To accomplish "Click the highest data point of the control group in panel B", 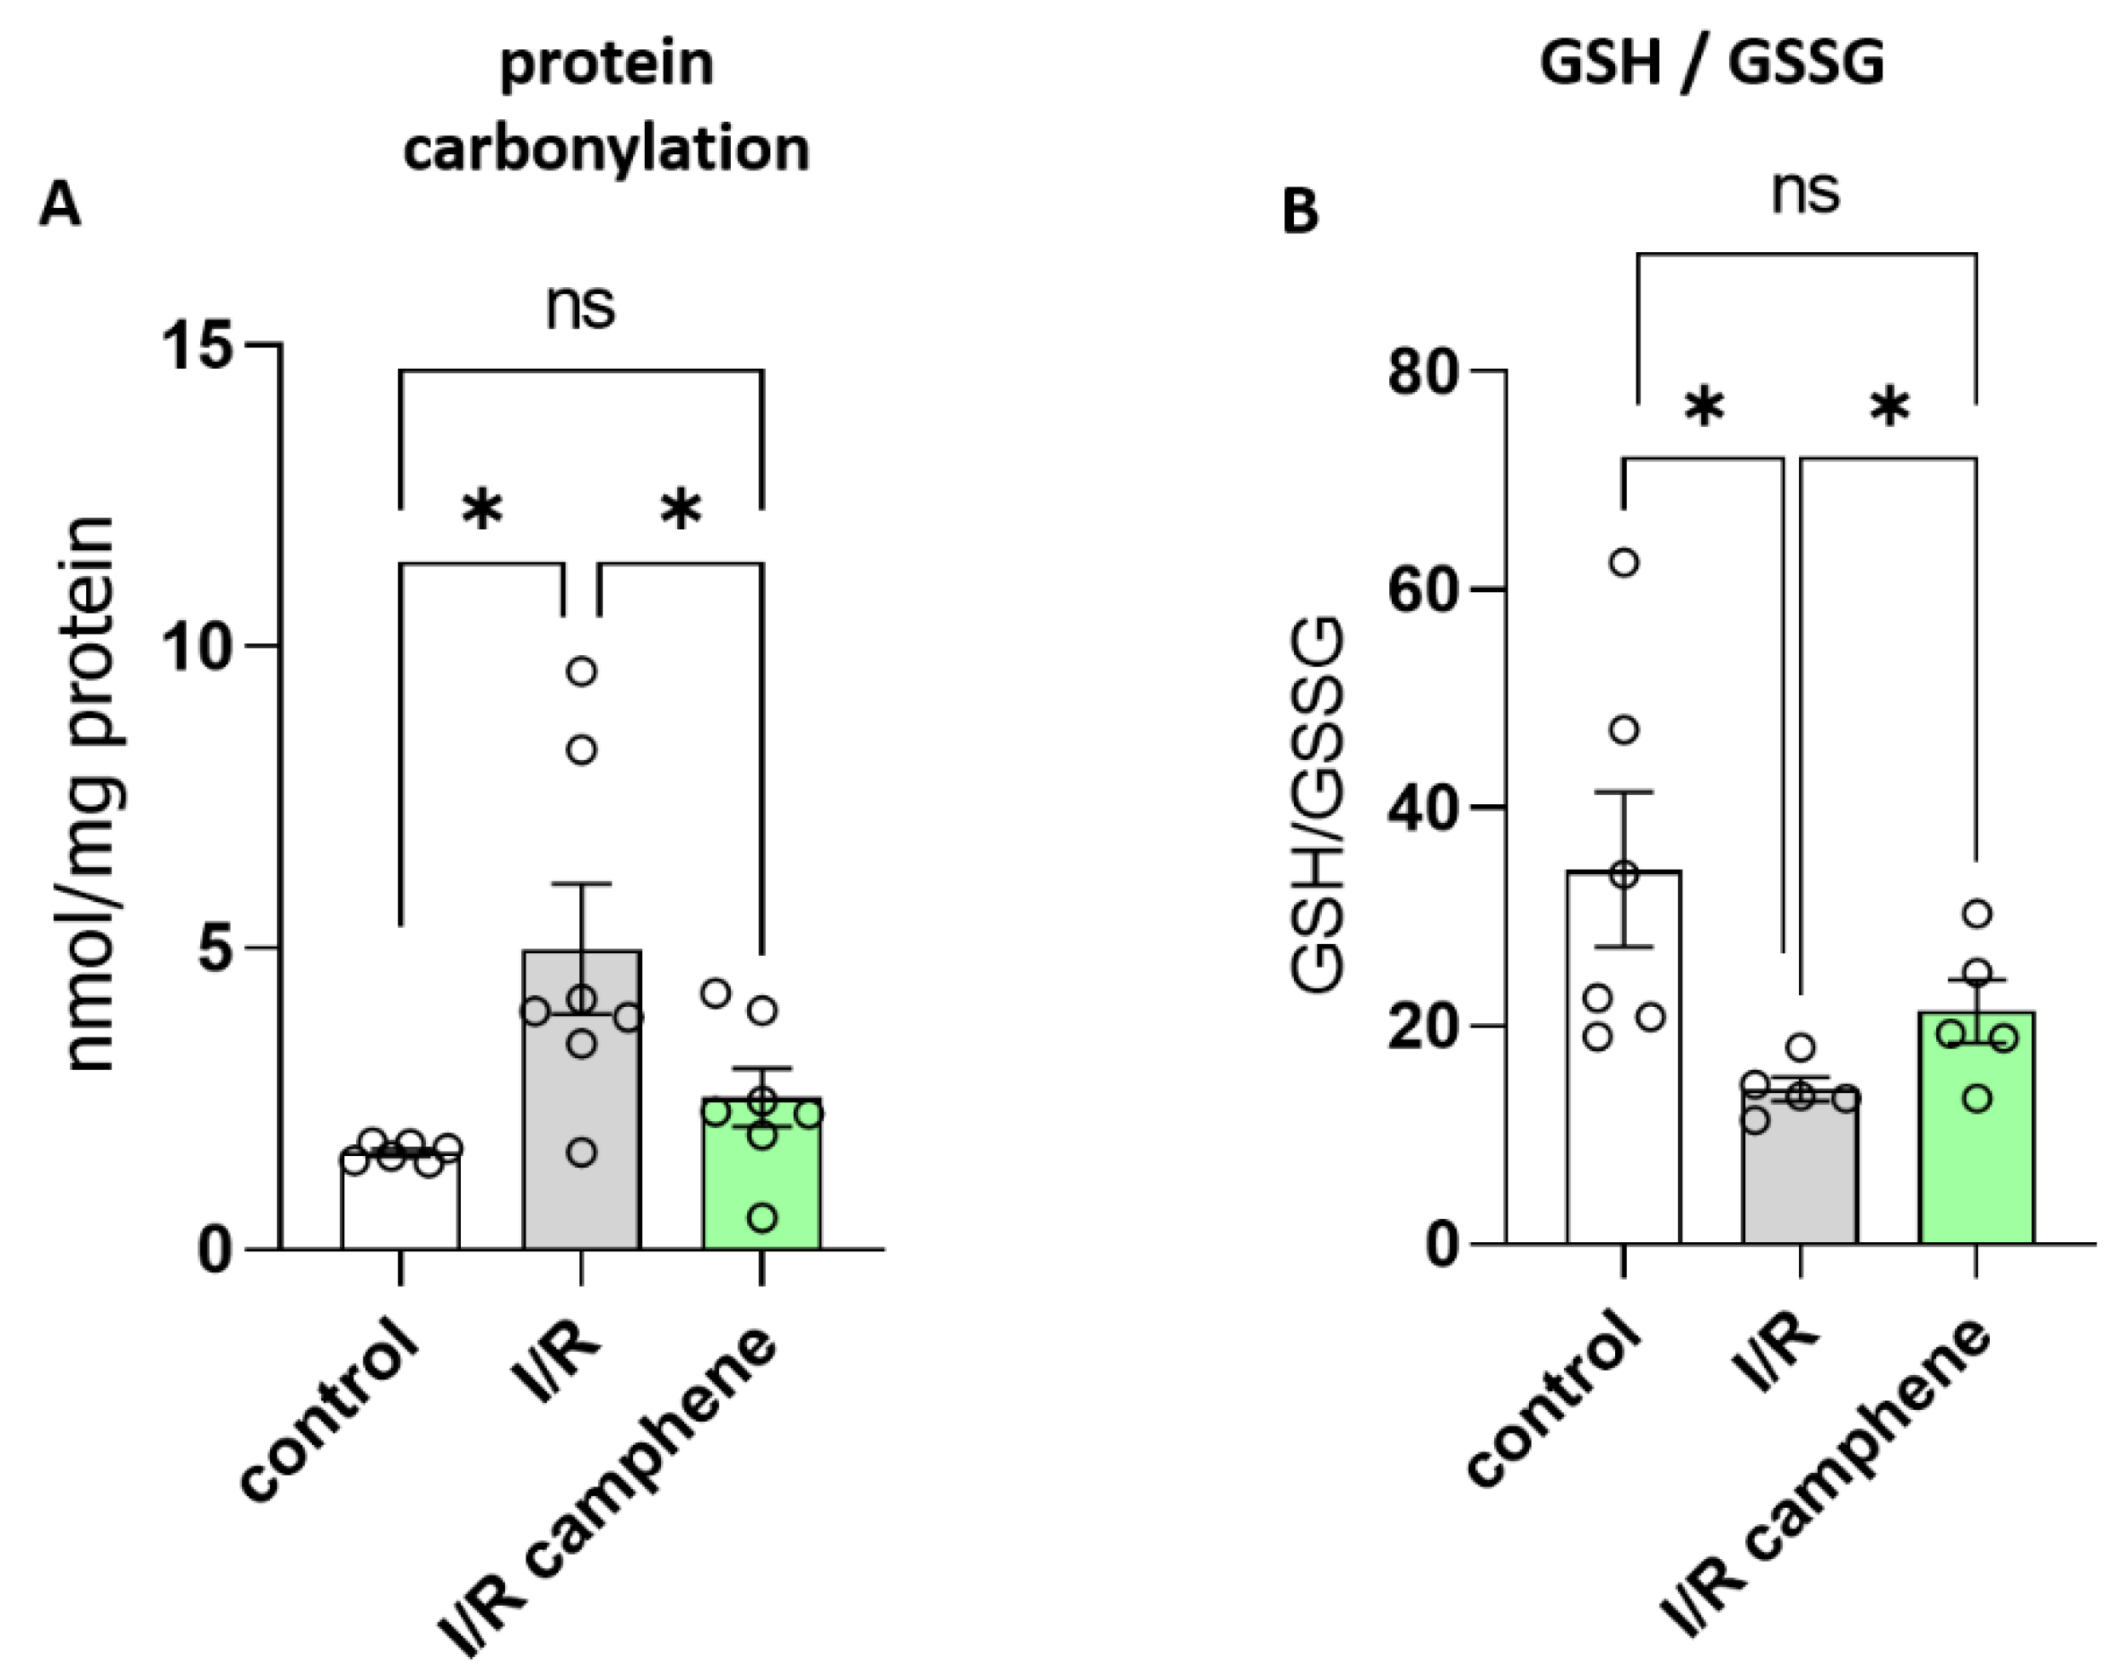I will pos(1624,563).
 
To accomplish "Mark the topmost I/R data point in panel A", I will pos(582,671).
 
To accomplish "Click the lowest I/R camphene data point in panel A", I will pos(763,1218).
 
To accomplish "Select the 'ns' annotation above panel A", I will pos(581,307).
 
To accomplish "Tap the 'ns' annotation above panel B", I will pos(1804,193).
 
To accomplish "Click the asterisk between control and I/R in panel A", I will pos(482,509).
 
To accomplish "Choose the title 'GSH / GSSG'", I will pos(1711,65).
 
